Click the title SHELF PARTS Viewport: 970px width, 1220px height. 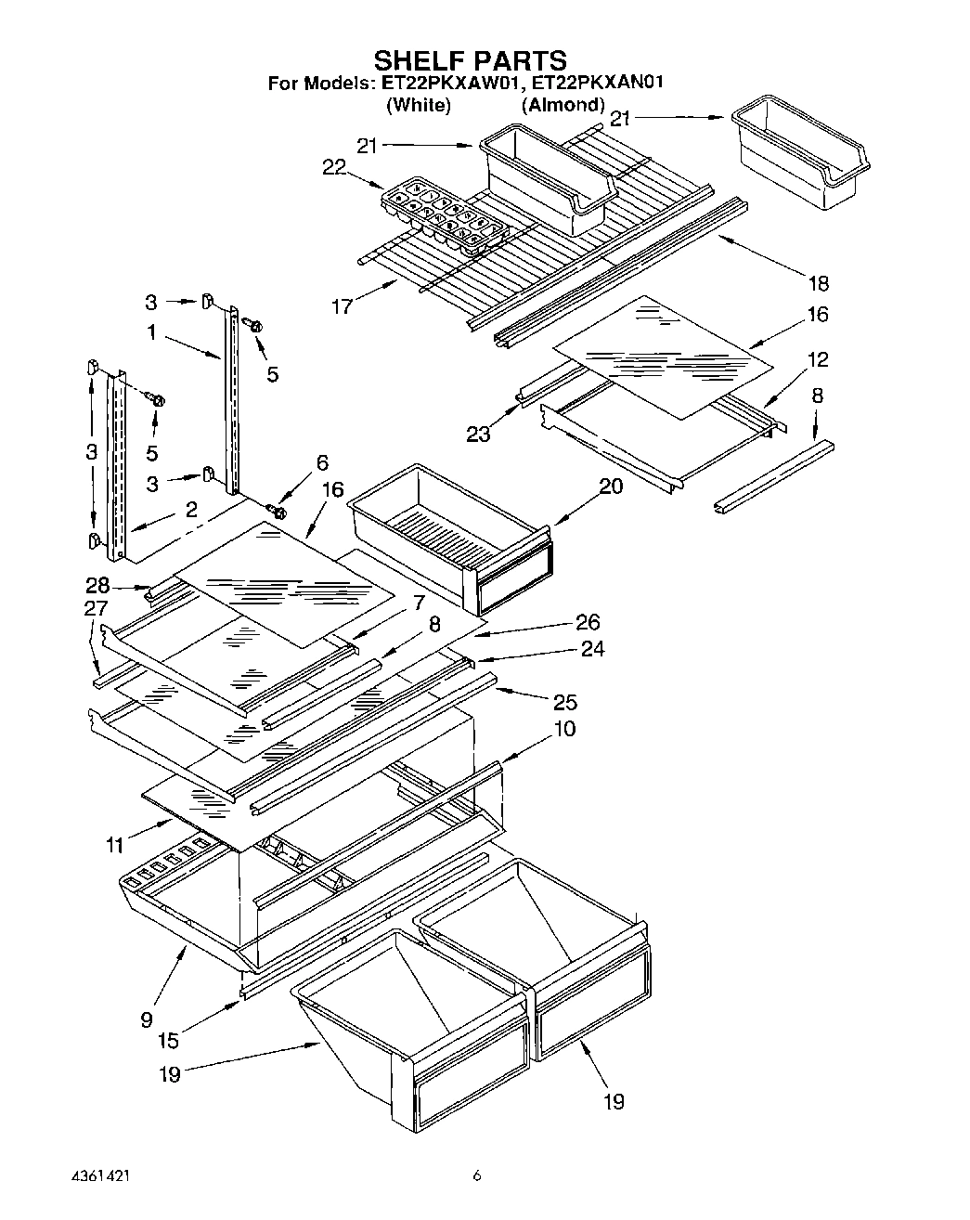[469, 61]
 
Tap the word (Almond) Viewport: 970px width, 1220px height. [563, 105]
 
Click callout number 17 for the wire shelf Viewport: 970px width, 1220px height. [342, 305]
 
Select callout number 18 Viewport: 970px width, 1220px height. [818, 282]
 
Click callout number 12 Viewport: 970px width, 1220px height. [818, 360]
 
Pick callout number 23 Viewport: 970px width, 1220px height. [478, 434]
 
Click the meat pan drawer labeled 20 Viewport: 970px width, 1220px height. [449, 543]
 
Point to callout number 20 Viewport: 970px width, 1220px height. [611, 487]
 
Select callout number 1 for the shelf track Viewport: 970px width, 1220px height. [151, 331]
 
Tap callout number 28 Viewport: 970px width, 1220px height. [97, 586]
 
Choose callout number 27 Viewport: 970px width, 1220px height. [96, 610]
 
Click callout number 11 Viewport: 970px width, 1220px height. [115, 845]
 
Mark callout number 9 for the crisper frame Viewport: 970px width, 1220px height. [147, 1019]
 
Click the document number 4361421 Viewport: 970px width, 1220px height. [100, 1175]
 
